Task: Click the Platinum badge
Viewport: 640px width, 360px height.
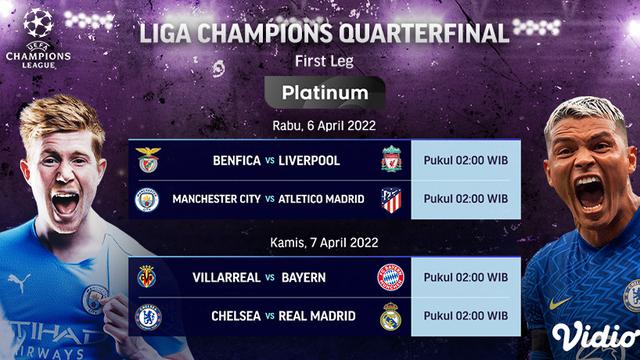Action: pyautogui.click(x=319, y=93)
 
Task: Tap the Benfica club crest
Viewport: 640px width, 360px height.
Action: pyautogui.click(x=148, y=160)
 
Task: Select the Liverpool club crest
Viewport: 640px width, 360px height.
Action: pyautogui.click(x=391, y=160)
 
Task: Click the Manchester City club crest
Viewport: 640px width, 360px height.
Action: pyautogui.click(x=148, y=199)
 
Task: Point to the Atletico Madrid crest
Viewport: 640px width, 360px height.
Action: pyautogui.click(x=391, y=199)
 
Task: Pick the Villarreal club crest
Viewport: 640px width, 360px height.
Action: pyautogui.click(x=148, y=276)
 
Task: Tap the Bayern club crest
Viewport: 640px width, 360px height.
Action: pyautogui.click(x=391, y=276)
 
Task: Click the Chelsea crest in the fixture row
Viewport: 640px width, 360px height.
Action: pyautogui.click(x=148, y=316)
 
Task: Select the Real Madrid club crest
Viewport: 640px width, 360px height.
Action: pyautogui.click(x=391, y=316)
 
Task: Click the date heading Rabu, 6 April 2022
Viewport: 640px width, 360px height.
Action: pyautogui.click(x=319, y=126)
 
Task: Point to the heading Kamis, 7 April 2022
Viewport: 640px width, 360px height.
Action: pyautogui.click(x=319, y=242)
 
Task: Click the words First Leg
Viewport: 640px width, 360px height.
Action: pyautogui.click(x=319, y=61)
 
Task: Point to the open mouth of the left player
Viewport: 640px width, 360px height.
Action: pyautogui.click(x=66, y=203)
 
